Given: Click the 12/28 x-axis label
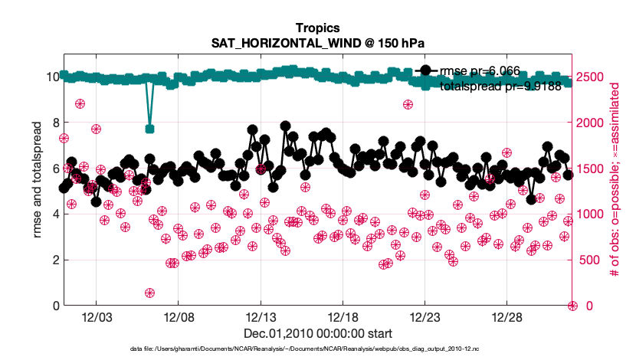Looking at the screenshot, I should click(x=507, y=317).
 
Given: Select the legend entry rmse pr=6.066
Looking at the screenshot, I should click(x=480, y=70).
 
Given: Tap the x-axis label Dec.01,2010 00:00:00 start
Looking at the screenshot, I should click(x=317, y=333).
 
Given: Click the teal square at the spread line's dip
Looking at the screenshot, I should click(x=150, y=129).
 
